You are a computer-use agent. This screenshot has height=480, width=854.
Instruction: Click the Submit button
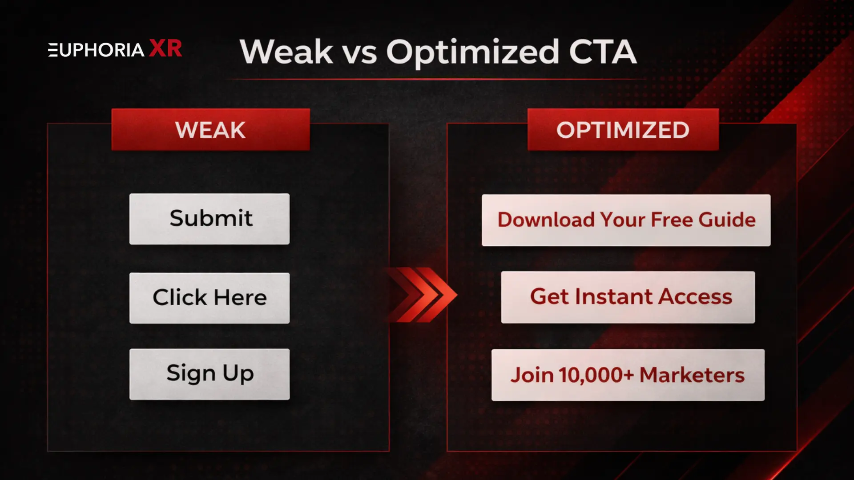click(x=209, y=219)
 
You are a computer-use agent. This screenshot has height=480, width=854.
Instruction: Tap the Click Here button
click(x=209, y=298)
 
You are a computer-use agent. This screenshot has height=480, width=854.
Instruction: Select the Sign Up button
click(x=209, y=374)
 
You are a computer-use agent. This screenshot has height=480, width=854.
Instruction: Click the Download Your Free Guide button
click(x=626, y=220)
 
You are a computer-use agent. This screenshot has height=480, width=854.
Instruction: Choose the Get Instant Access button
click(x=628, y=297)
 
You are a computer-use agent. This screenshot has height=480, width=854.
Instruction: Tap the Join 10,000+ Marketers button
click(x=628, y=375)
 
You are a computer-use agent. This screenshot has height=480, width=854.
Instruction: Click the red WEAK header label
click(x=210, y=130)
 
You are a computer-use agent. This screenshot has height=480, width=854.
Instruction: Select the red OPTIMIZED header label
click(x=623, y=130)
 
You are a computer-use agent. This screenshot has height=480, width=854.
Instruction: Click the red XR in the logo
click(x=165, y=48)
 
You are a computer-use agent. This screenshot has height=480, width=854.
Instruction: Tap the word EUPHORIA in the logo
click(x=96, y=50)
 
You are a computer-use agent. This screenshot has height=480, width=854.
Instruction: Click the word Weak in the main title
click(x=286, y=52)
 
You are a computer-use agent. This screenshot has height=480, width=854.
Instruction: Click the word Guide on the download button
click(x=727, y=220)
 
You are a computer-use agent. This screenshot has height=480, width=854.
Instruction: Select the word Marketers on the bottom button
click(x=692, y=375)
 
